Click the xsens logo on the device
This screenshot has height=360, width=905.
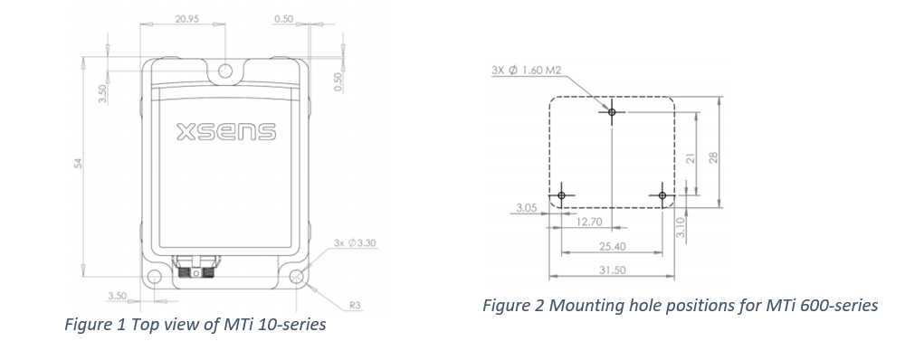(x=226, y=133)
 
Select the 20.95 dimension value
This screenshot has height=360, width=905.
(x=186, y=19)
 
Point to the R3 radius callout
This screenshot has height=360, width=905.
(x=356, y=306)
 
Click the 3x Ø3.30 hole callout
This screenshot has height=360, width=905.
(x=355, y=243)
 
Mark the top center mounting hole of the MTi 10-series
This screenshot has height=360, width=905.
(x=226, y=71)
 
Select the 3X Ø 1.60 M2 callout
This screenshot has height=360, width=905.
(x=527, y=69)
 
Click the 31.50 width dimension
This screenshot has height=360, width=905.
(x=612, y=270)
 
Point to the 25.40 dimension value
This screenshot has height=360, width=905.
(x=612, y=246)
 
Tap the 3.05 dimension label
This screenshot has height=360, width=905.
(x=526, y=208)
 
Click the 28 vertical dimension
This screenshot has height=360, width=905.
(x=713, y=157)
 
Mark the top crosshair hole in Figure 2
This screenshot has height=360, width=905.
(x=613, y=111)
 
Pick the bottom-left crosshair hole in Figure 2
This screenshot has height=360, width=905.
(x=561, y=195)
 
